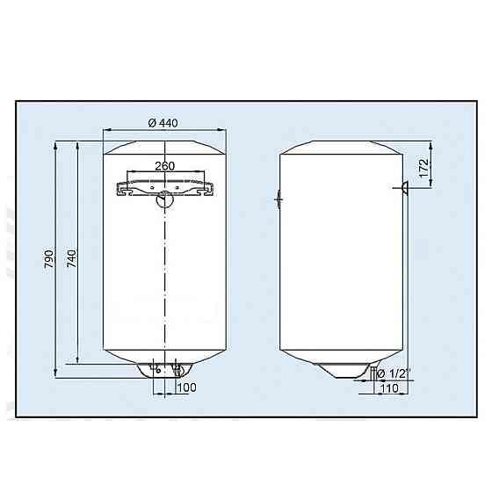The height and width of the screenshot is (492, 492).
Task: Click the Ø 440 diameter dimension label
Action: coord(163,122)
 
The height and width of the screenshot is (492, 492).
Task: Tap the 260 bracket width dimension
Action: coord(163,166)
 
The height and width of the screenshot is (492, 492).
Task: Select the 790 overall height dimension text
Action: coord(50,260)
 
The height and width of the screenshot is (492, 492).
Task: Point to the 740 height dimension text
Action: coord(71,260)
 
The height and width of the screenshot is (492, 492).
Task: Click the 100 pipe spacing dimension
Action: coord(186,387)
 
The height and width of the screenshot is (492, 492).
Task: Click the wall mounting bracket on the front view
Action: coord(164,186)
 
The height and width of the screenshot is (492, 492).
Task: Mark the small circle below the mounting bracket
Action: coord(164,200)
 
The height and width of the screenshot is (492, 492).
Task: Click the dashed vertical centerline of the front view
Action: coord(164,281)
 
